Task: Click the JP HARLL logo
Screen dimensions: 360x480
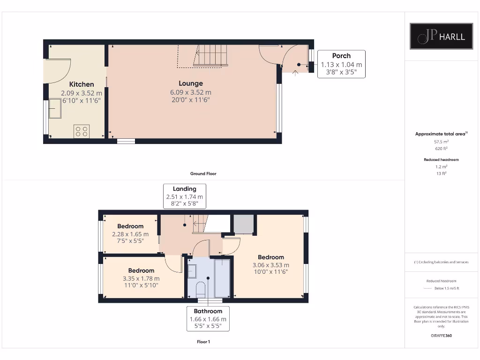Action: tap(441, 36)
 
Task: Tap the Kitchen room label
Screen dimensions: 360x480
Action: tap(82, 84)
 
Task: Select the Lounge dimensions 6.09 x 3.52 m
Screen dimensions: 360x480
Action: tap(190, 92)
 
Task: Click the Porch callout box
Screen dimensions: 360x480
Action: tap(341, 64)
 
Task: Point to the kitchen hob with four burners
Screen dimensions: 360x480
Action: tap(82, 131)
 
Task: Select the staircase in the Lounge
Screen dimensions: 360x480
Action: tap(210, 55)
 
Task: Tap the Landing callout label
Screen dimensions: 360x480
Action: tap(185, 189)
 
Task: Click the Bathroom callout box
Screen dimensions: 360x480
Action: tap(208, 319)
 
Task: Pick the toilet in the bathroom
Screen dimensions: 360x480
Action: tap(200, 288)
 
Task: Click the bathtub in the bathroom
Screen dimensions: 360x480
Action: tap(222, 278)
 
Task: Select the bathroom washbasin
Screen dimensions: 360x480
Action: tap(192, 271)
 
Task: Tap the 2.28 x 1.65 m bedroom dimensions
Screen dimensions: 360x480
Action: tap(130, 234)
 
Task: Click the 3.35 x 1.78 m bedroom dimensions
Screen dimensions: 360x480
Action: tap(141, 278)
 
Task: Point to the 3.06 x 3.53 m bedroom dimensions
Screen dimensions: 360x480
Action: tap(270, 265)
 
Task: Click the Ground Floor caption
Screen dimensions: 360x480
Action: tap(203, 173)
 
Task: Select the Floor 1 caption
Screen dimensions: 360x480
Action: tap(203, 342)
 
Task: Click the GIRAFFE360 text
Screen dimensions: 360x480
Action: tap(441, 336)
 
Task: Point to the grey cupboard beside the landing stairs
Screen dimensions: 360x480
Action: tap(243, 224)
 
